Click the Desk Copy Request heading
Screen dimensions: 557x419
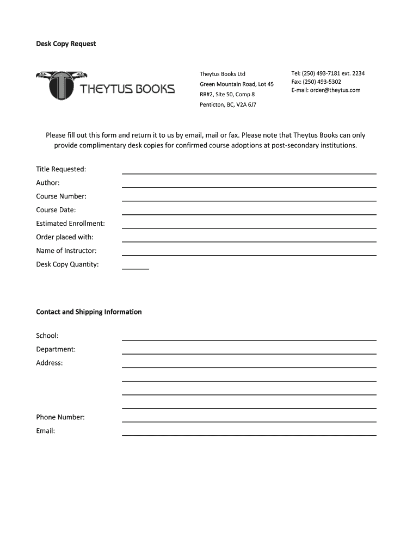(x=66, y=44)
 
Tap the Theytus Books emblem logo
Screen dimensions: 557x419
(x=59, y=85)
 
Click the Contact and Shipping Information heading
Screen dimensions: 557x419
(x=89, y=312)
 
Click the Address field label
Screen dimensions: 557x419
(x=50, y=363)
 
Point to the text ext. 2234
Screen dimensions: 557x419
(x=354, y=73)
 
